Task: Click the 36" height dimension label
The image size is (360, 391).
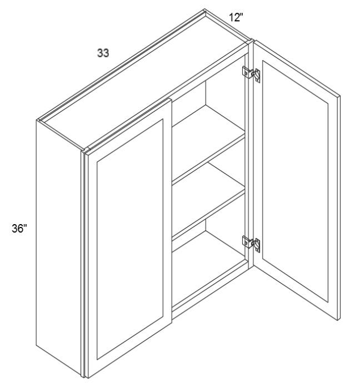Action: (x=19, y=228)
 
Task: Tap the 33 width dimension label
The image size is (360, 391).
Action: (x=103, y=53)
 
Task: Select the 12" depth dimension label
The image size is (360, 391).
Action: (x=236, y=17)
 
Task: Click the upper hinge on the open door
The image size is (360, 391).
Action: (x=251, y=73)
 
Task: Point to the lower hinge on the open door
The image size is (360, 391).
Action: (x=251, y=244)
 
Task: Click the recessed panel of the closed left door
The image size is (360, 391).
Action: (x=130, y=239)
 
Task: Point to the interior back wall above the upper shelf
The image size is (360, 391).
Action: (x=189, y=100)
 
